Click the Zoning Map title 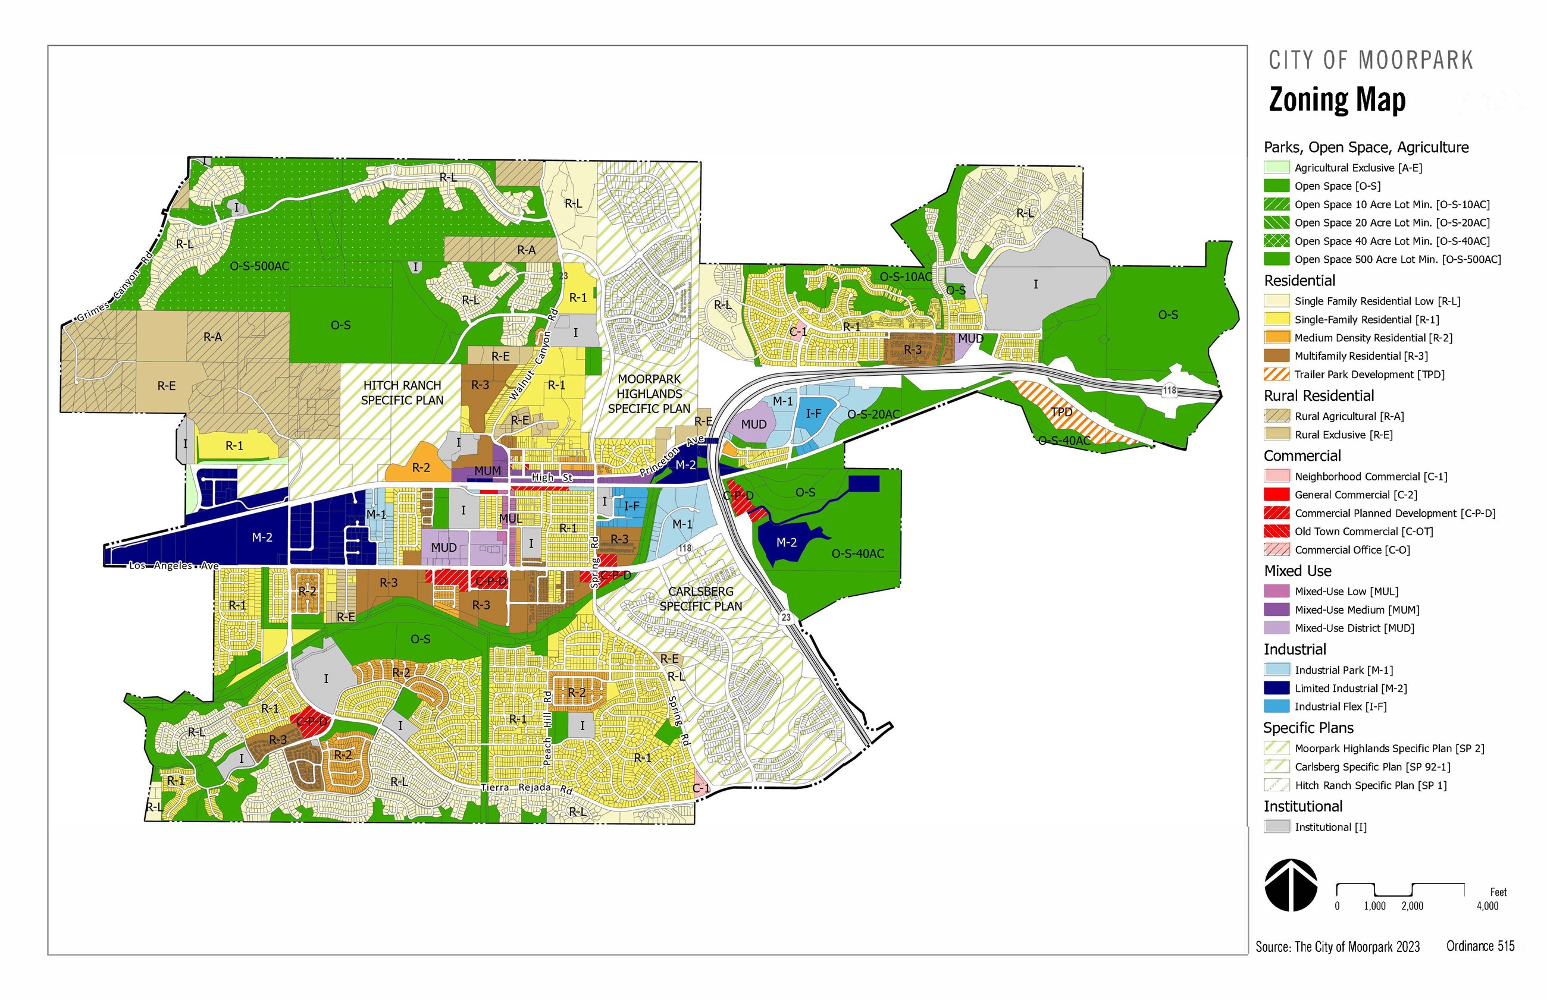click(1336, 100)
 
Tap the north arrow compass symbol click(1291, 885)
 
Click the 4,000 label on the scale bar click(1487, 906)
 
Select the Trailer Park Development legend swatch click(1276, 374)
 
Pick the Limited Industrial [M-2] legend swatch click(1276, 688)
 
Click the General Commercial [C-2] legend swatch click(1276, 495)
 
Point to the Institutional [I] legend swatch click(1276, 826)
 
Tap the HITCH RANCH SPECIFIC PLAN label click(402, 393)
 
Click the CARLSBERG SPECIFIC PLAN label click(700, 599)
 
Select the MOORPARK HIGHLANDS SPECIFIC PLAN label click(649, 394)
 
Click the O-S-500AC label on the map click(259, 266)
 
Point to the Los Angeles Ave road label click(174, 565)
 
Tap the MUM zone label click(487, 471)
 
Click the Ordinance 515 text click(1479, 946)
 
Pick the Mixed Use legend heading click(1297, 571)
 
